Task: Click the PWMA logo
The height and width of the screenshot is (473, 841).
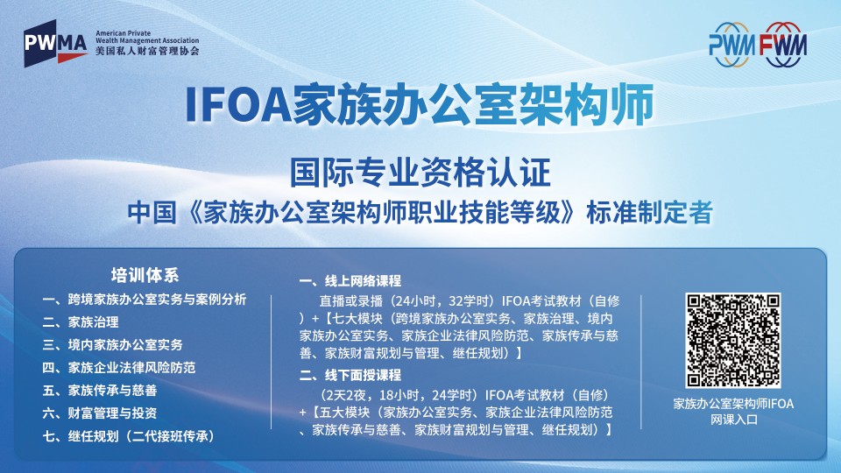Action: (x=56, y=44)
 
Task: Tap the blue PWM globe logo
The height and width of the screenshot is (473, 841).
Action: (x=731, y=45)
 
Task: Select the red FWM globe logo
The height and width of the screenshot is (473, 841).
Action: (x=782, y=45)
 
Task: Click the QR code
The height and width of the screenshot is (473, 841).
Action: (x=732, y=340)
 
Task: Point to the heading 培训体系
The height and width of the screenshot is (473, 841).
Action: (x=145, y=275)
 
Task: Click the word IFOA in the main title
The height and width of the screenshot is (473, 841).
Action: (x=237, y=104)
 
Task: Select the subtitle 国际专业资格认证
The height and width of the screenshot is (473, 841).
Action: (x=420, y=173)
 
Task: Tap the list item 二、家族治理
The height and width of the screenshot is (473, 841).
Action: (x=81, y=321)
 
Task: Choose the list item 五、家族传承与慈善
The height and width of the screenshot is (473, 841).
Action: (x=100, y=391)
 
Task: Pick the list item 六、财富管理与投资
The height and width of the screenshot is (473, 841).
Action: (x=100, y=413)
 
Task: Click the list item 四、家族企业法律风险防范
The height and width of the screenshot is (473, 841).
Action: (x=119, y=367)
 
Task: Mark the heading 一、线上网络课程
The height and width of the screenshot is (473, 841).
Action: (x=350, y=280)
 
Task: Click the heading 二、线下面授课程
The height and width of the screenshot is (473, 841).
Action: (x=350, y=375)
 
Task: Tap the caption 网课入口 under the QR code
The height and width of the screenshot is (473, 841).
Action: (x=734, y=420)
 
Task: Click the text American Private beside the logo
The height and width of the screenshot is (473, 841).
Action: (x=123, y=33)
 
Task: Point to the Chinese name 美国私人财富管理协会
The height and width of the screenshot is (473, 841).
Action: (x=147, y=51)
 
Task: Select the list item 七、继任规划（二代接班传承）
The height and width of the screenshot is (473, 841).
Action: (x=129, y=436)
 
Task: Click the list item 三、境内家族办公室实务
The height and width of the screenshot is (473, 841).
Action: (x=113, y=344)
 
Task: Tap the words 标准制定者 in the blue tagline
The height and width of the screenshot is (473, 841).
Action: (x=649, y=213)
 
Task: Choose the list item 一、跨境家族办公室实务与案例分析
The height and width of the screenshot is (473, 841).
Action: (x=145, y=300)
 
